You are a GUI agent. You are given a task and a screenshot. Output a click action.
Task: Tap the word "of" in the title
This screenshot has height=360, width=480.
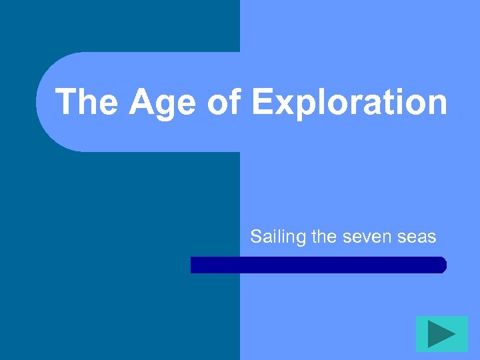coord(225,102)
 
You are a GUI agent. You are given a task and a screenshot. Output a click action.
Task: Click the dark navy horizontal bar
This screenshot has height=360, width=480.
coord(318,265)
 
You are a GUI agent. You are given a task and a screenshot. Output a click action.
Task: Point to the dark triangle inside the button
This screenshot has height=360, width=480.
coord(441,333)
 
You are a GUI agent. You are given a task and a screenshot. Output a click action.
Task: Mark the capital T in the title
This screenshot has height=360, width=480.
coord(67,102)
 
